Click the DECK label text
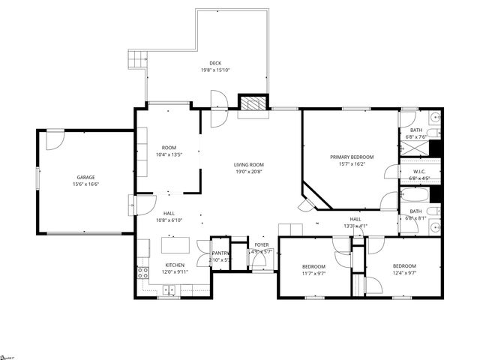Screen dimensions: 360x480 215,63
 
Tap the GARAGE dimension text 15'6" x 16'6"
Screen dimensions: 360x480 86,184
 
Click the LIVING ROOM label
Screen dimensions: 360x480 248,165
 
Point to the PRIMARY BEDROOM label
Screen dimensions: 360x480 352,157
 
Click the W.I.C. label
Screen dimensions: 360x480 419,172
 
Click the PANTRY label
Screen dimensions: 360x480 220,253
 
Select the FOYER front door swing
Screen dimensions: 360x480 259,265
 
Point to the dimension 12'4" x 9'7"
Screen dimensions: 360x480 404,274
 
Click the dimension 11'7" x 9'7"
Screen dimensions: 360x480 313,274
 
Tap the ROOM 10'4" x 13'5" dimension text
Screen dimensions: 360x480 169,154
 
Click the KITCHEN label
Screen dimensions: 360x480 175,265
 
